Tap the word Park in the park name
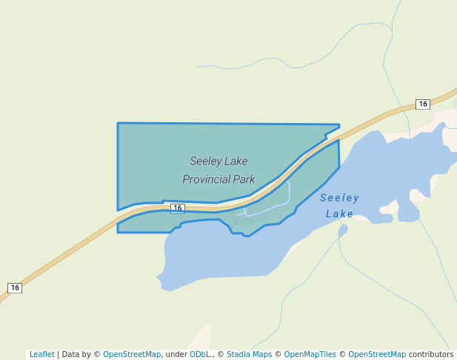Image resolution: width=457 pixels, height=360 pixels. click(244, 179)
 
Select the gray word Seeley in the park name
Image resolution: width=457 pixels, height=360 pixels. click(204, 161)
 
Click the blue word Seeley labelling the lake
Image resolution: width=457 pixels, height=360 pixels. click(339, 198)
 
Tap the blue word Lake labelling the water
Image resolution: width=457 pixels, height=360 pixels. click(339, 214)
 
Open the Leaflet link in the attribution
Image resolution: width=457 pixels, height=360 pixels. click(41, 354)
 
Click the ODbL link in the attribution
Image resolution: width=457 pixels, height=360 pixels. click(199, 354)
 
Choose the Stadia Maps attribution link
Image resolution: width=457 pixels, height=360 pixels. click(249, 354)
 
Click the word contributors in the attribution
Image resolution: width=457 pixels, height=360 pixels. click(431, 354)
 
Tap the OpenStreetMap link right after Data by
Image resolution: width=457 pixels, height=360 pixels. click(132, 354)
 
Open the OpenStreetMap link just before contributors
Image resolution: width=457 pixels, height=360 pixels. click(377, 354)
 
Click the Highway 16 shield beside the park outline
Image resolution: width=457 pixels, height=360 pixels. click(177, 209)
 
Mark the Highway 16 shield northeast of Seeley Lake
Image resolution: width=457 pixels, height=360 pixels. click(422, 104)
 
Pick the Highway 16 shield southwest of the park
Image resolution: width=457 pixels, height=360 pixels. click(15, 287)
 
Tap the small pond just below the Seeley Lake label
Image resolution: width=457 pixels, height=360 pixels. click(342, 231)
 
